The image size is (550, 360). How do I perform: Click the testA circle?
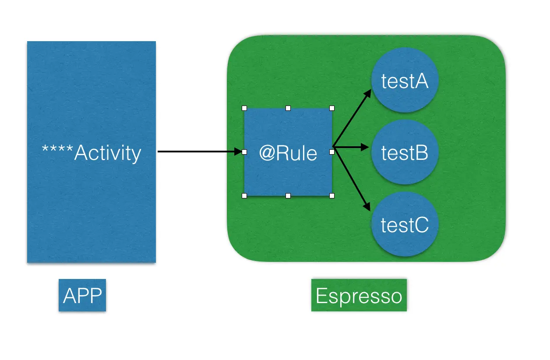coord(405,80)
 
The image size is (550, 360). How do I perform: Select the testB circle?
coord(405,152)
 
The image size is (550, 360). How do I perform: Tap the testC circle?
coord(405,224)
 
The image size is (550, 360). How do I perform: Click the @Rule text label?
coord(288,153)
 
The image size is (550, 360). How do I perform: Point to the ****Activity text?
coord(92,153)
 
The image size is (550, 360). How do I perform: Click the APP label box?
coord(82,295)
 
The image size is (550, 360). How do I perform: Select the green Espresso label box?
coord(359,295)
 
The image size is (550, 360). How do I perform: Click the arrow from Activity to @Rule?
coord(200,152)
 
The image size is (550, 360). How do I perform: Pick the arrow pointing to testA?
coord(352,118)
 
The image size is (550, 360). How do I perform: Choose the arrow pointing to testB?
coord(351,147)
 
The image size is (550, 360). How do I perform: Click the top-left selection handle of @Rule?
coord(244,108)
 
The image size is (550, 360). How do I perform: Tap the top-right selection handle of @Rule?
coord(332,108)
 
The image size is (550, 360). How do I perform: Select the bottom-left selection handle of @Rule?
coord(244,196)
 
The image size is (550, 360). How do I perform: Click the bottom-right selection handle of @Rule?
coord(332,196)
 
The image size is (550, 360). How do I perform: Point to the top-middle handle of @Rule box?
coord(288,108)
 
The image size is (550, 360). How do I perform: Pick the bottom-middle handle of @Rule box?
coord(288,196)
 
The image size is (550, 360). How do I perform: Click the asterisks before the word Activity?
coord(57,148)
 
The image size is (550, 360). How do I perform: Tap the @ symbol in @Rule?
coord(267,153)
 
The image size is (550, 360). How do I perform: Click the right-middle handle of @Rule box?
coord(332,152)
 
